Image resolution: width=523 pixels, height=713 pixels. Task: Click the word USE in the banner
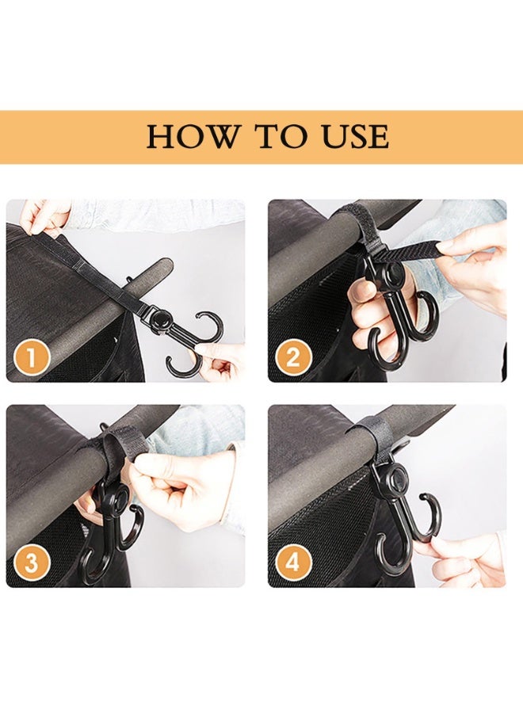point(353,137)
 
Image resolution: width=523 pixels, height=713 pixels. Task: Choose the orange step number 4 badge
point(292,563)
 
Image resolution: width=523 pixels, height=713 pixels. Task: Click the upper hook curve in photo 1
point(208,327)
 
